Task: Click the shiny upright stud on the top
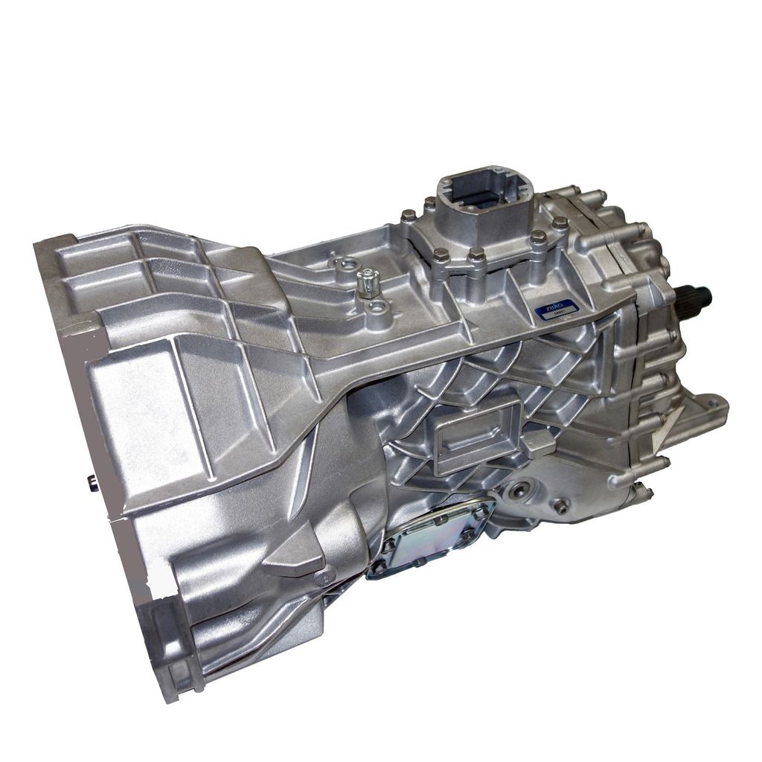click(x=368, y=281)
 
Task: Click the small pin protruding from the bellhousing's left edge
click(x=92, y=483)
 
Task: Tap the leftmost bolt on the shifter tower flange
click(x=409, y=217)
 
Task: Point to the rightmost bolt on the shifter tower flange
click(x=560, y=222)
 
